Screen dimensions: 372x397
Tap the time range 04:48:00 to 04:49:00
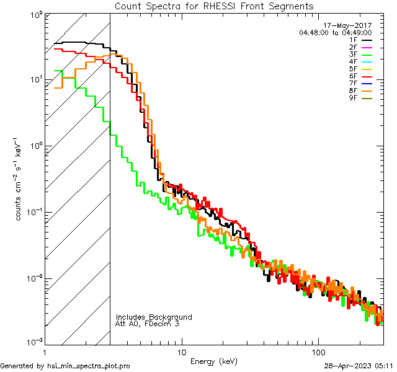click(x=335, y=32)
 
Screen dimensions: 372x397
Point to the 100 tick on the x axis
click(x=318, y=351)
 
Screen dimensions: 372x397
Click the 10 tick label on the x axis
click(x=181, y=351)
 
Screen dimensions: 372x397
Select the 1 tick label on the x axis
click(x=45, y=351)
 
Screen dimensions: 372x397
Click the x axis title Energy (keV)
click(x=214, y=361)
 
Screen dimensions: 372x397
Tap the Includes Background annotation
click(x=154, y=317)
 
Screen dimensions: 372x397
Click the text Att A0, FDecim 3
click(x=148, y=324)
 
